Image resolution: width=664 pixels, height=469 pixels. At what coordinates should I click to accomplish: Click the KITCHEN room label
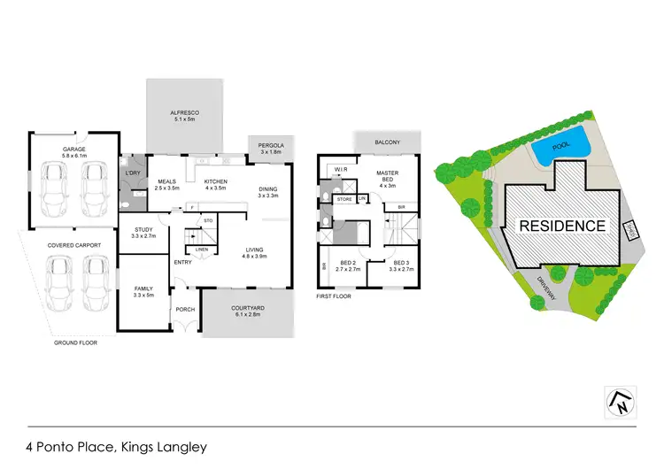tap(217, 181)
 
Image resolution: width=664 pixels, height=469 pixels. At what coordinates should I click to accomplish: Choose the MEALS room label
tap(167, 181)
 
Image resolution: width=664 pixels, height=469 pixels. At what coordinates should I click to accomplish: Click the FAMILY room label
tap(143, 289)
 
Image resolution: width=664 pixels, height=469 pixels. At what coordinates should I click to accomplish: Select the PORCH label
tap(186, 309)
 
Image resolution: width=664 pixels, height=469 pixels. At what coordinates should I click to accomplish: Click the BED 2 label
tap(347, 264)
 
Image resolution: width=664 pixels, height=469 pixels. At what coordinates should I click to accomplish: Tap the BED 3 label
tap(402, 264)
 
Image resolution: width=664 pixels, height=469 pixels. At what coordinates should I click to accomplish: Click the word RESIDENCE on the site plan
tap(562, 225)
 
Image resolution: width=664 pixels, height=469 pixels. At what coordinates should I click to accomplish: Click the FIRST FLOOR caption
tap(334, 297)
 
